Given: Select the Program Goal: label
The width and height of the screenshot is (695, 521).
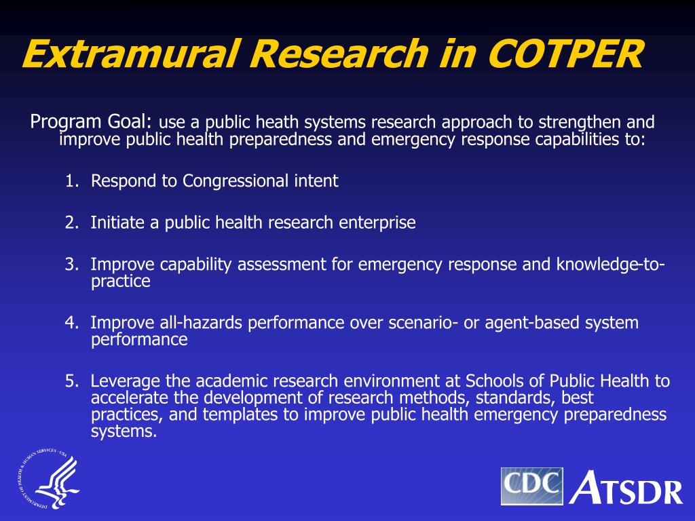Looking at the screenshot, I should [x=92, y=122].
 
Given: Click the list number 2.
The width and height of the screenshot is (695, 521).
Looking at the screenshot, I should [x=71, y=223].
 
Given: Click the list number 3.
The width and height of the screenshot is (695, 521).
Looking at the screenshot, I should [x=71, y=265].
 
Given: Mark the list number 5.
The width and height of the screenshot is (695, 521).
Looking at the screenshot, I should [x=71, y=381].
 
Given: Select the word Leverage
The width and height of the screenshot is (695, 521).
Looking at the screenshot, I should [x=120, y=381].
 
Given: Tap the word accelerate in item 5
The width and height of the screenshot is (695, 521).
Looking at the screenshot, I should [x=127, y=398].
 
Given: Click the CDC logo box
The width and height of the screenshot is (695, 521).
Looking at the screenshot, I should [x=532, y=486].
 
